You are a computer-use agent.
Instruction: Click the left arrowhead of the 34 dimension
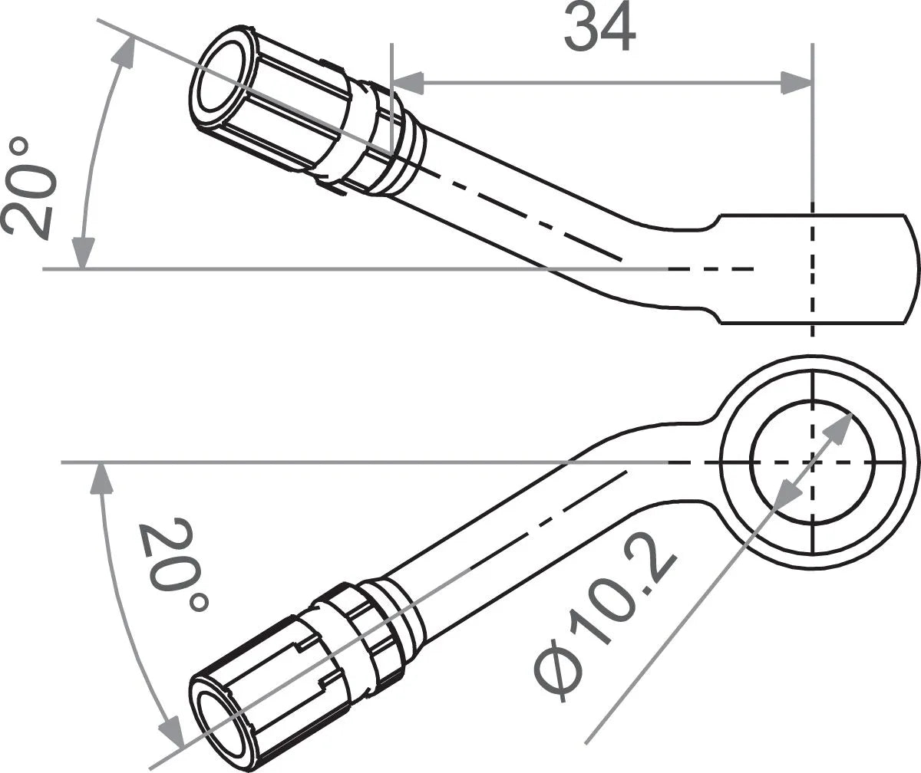(x=408, y=82)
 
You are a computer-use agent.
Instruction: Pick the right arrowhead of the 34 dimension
(x=796, y=82)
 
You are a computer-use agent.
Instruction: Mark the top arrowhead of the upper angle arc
(x=122, y=51)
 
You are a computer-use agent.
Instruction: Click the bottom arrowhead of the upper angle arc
(x=83, y=253)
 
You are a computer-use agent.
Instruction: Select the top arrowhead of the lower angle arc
(x=98, y=479)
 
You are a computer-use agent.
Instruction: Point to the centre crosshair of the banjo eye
(x=813, y=462)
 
